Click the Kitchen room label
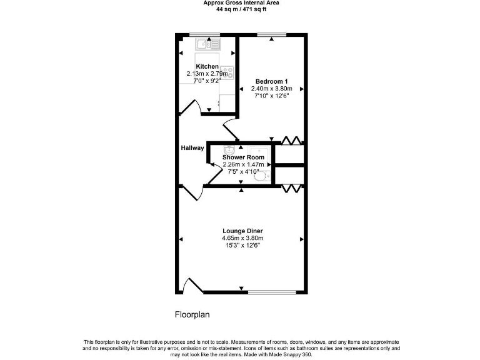207,66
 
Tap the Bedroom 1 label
272,81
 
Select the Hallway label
192,148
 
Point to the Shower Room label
243,157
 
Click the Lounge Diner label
242,231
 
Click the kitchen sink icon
205,44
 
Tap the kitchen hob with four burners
226,72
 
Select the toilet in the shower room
263,177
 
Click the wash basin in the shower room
229,150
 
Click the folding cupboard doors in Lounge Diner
291,188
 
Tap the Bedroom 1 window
272,34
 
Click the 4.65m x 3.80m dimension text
242,238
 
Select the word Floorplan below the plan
192,314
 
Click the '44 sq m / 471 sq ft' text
241,9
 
